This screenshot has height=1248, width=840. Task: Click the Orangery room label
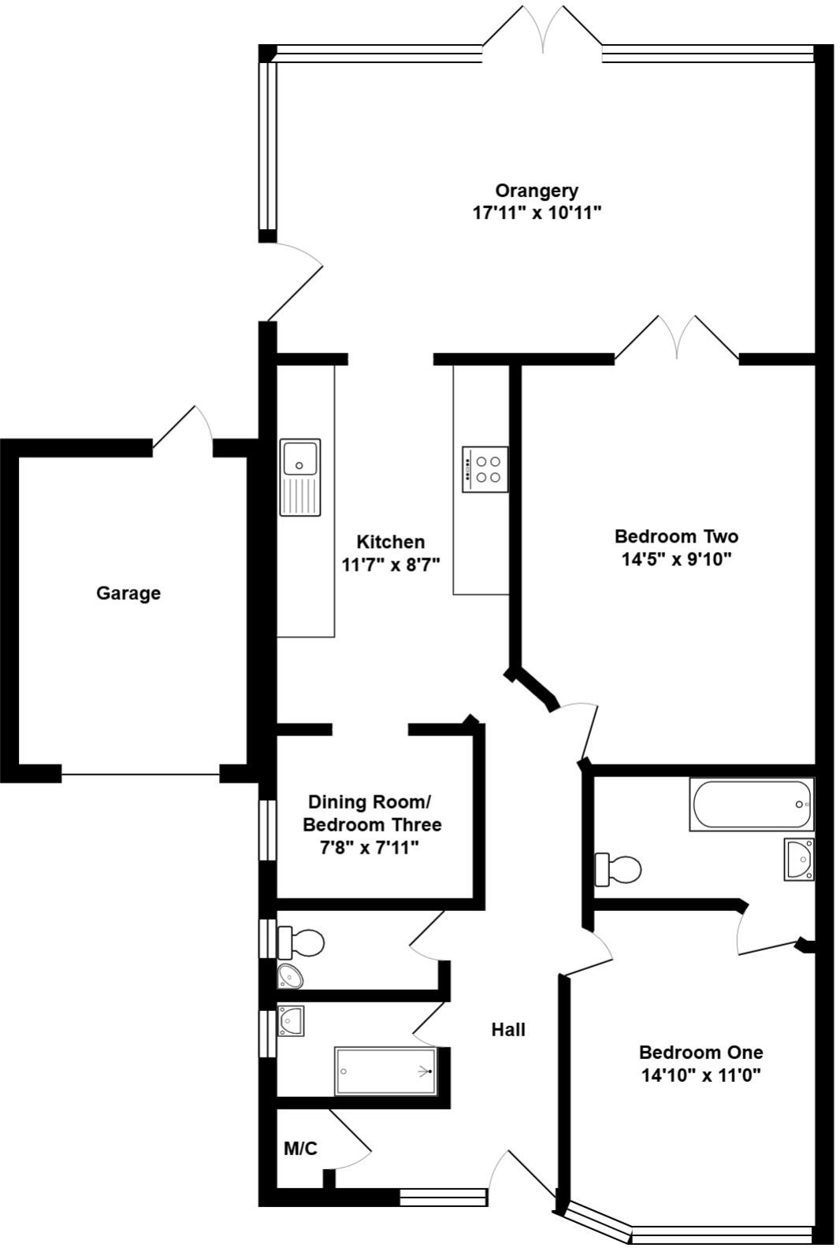pyautogui.click(x=537, y=191)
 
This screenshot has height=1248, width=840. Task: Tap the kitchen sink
pyautogui.click(x=300, y=477)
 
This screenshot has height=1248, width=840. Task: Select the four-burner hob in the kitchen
pyautogui.click(x=485, y=469)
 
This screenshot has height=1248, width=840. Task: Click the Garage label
pyautogui.click(x=128, y=593)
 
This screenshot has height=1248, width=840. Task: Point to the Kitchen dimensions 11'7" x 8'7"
pyautogui.click(x=390, y=565)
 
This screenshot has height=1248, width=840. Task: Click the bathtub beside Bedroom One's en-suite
pyautogui.click(x=751, y=804)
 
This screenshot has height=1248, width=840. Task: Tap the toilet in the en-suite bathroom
pyautogui.click(x=618, y=869)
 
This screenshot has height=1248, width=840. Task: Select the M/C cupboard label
pyautogui.click(x=300, y=1149)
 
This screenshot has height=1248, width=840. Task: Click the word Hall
pyautogui.click(x=508, y=1029)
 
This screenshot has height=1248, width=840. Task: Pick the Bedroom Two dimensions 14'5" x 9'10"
pyautogui.click(x=676, y=560)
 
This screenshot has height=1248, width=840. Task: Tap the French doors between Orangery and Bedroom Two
pyautogui.click(x=677, y=339)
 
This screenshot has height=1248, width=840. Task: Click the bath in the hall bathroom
pyautogui.click(x=385, y=1071)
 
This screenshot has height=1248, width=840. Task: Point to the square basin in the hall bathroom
pyautogui.click(x=291, y=1020)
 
